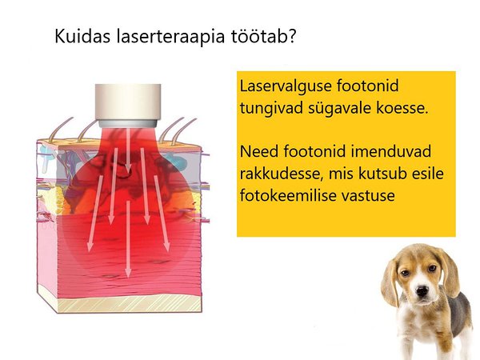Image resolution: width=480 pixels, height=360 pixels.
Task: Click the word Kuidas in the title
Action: click(82, 36)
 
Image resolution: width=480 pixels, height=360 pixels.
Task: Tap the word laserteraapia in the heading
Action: click(170, 37)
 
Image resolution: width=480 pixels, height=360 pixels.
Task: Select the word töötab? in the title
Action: click(263, 36)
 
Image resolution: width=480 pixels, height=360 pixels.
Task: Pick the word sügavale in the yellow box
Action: click(340, 109)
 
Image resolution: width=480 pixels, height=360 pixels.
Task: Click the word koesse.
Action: click(402, 108)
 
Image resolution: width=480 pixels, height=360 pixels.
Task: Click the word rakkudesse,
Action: click(282, 174)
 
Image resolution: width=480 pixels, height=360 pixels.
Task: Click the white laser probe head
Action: click(128, 106)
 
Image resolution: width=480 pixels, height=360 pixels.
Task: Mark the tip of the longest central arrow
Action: click(128, 278)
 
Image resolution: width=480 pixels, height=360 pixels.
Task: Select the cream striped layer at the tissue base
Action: click(129, 304)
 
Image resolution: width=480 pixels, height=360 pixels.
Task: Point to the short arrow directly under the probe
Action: click(128, 150)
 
